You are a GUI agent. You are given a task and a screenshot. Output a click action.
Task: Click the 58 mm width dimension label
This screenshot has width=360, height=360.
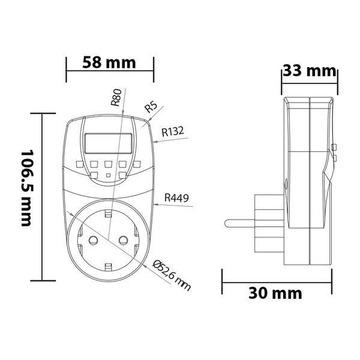[x=109, y=62]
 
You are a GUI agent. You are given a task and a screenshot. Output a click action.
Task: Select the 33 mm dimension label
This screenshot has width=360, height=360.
[x=309, y=71]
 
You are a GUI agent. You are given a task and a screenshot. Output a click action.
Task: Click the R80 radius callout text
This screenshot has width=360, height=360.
[x=116, y=97]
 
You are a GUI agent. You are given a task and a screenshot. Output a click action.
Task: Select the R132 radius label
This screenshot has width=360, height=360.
[x=172, y=130]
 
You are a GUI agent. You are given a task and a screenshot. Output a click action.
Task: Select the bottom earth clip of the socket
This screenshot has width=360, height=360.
[x=108, y=266]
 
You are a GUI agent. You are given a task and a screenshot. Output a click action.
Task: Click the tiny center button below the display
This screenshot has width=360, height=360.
[x=108, y=176]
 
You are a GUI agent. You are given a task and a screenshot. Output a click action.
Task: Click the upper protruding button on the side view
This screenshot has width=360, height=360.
[x=334, y=148]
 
